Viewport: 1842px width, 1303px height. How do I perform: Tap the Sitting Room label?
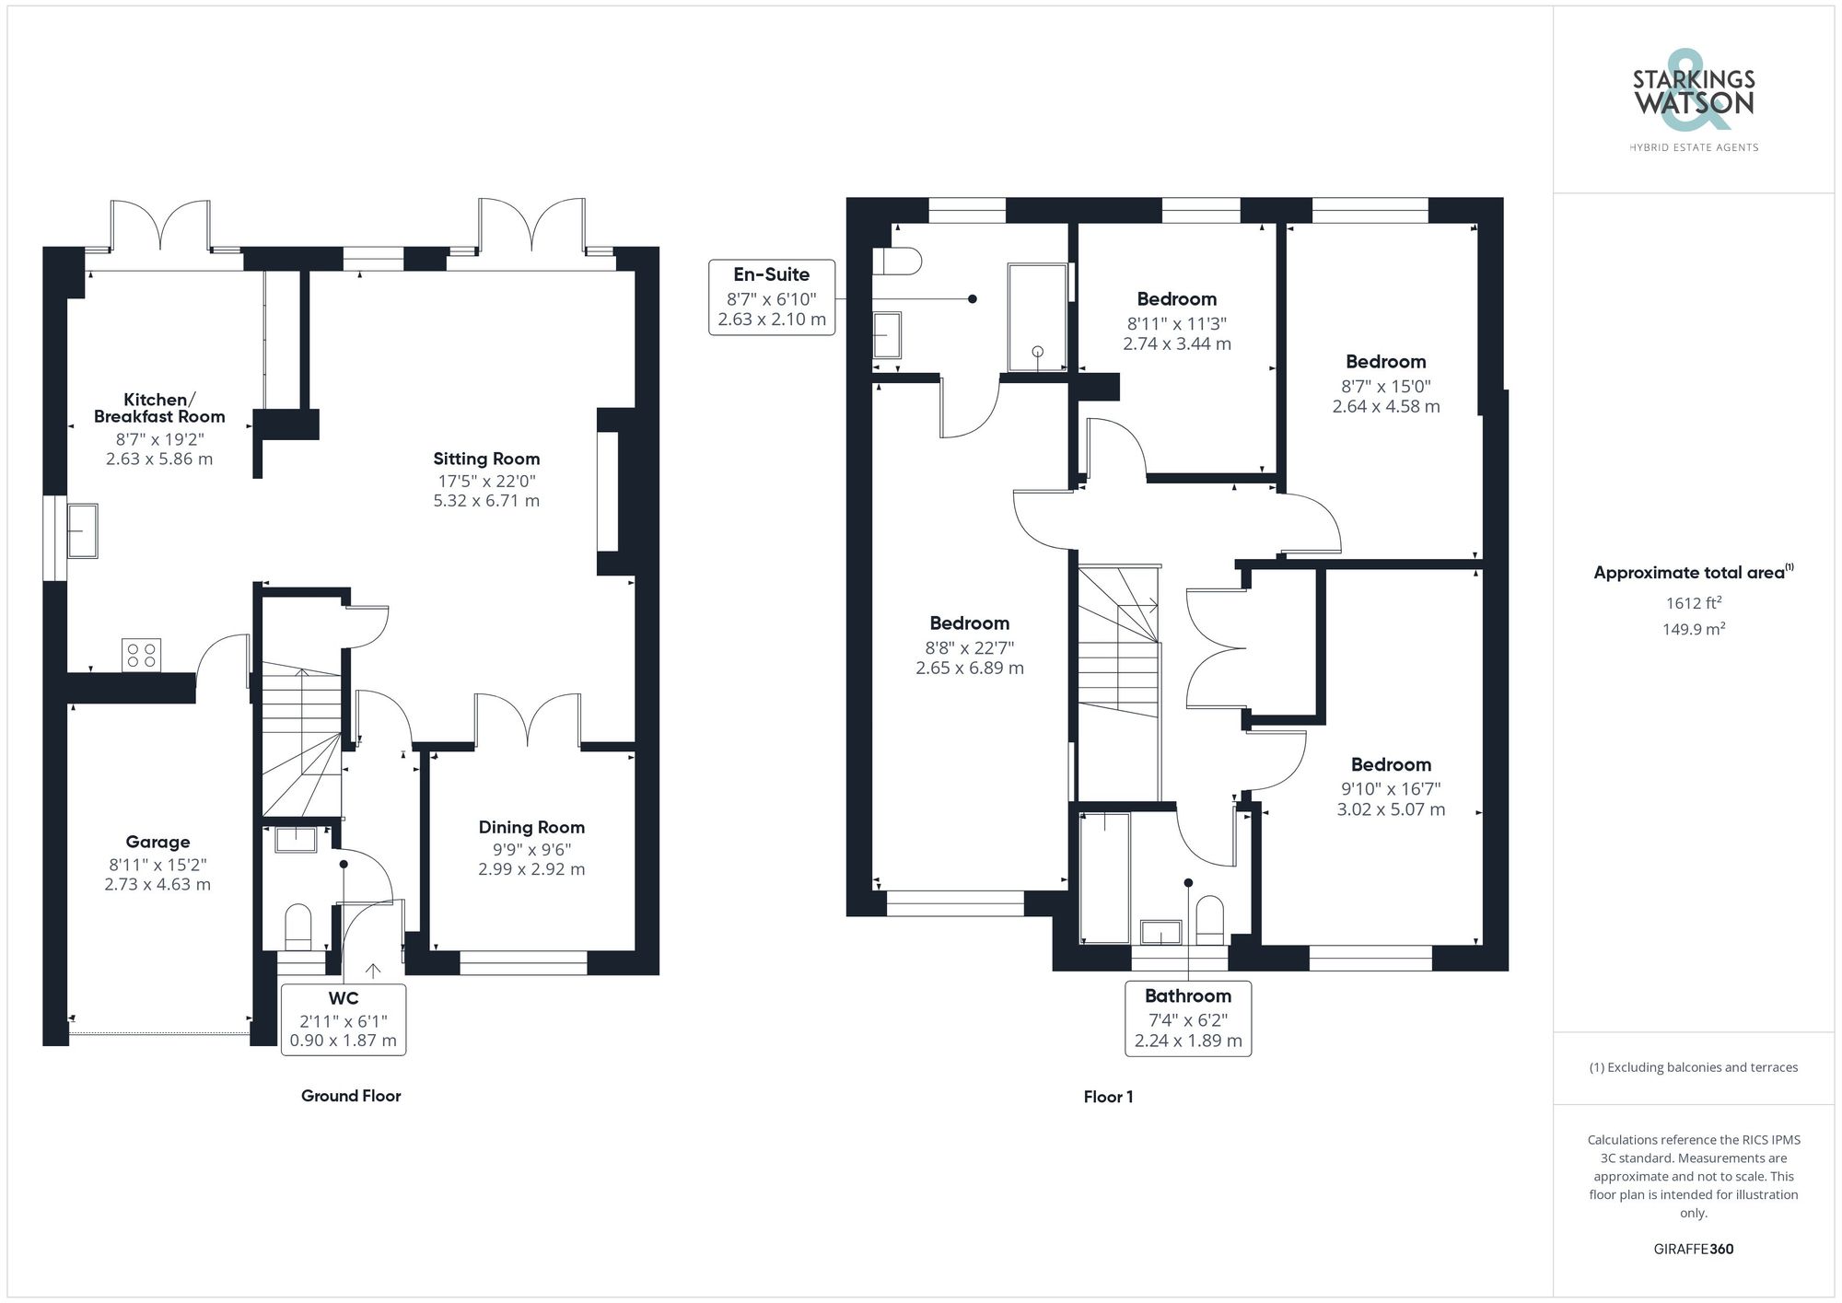point(486,459)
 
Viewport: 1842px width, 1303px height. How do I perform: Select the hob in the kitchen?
point(141,655)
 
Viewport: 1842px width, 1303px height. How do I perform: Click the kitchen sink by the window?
point(83,530)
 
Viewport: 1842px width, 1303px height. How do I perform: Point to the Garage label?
point(157,842)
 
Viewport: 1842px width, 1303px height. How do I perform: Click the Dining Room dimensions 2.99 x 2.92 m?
point(531,869)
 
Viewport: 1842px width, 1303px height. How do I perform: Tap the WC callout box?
point(344,1019)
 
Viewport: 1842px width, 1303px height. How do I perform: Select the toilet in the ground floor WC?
point(298,926)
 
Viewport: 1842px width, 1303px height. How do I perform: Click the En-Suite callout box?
point(772,297)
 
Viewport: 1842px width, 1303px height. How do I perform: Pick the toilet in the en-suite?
point(897,262)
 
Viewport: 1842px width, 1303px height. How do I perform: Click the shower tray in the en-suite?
point(1037,318)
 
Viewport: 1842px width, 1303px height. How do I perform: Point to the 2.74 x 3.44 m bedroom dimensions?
point(1177,343)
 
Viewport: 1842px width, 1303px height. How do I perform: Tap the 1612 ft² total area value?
point(1693,603)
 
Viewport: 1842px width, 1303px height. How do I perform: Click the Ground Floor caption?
point(351,1096)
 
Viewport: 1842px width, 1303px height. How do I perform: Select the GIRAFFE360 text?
point(1693,1250)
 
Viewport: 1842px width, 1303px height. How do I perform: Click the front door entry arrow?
point(373,970)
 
